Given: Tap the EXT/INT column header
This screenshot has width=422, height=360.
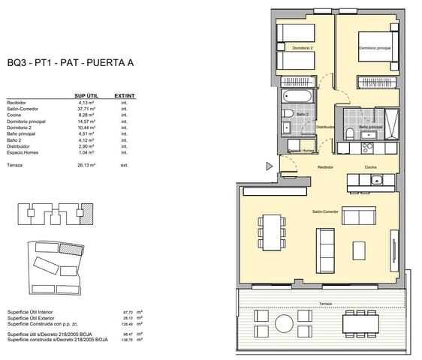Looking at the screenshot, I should coord(124,97).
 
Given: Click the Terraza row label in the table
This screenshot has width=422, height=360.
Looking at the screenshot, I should coord(16,164).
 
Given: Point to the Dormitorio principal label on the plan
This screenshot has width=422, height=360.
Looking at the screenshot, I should coord(372,49).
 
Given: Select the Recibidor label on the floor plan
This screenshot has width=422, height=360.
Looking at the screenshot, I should coord(324,167).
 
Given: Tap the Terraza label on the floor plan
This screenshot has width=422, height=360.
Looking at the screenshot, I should coord(324,303).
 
